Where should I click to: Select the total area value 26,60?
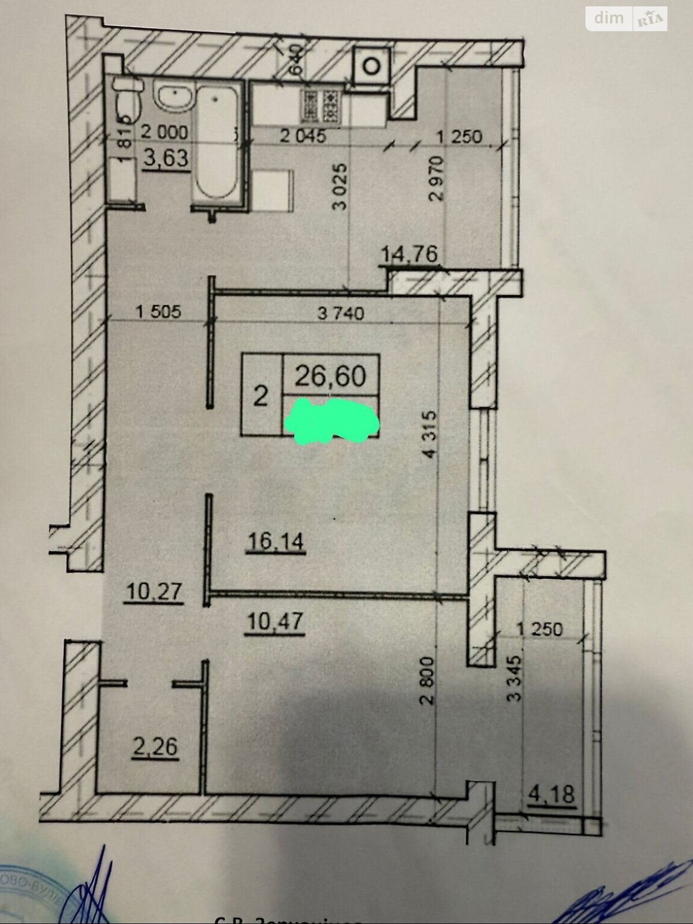click(330, 376)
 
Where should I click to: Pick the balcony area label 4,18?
click(552, 795)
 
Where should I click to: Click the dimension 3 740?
click(341, 314)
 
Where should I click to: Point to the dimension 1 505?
click(158, 312)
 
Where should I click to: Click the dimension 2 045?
click(303, 136)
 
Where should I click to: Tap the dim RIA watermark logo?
click(627, 18)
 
